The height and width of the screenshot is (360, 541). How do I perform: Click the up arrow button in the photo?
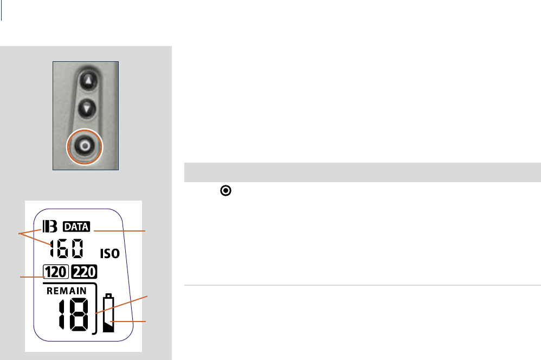(x=89, y=81)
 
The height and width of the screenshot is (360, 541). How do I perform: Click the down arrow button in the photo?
(x=87, y=109)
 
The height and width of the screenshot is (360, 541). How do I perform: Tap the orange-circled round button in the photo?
(x=85, y=146)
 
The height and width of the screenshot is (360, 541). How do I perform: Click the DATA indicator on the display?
(x=76, y=227)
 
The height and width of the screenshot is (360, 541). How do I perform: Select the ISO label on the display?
(x=110, y=254)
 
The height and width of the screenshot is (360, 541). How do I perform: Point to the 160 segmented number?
(x=67, y=248)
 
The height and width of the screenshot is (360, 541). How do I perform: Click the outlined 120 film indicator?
(x=56, y=272)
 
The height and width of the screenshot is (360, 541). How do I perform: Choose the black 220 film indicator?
(x=84, y=272)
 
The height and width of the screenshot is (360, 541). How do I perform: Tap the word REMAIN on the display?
(x=67, y=291)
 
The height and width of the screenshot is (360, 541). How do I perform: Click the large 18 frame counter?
(x=74, y=314)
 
